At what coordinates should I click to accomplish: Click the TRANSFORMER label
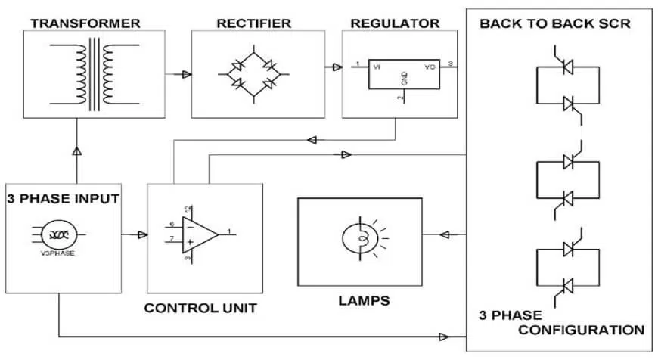click(85, 23)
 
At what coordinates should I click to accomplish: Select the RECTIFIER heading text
click(253, 23)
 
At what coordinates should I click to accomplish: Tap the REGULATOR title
click(395, 23)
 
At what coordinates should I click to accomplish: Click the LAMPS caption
click(364, 301)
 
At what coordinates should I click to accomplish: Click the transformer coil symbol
click(96, 74)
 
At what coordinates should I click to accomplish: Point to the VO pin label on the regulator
click(430, 67)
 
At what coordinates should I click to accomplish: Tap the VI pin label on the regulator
click(376, 67)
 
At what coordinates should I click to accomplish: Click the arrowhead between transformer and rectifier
click(185, 74)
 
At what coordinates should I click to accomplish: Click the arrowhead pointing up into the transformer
click(76, 151)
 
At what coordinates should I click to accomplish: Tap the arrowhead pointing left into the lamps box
click(445, 235)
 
